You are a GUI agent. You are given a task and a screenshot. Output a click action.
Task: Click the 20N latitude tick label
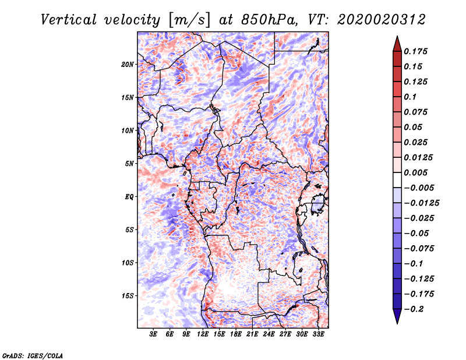pos(128,64)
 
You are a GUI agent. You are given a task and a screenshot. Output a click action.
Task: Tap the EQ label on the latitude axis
pos(129,196)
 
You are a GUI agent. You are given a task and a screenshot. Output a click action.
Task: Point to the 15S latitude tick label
pos(128,295)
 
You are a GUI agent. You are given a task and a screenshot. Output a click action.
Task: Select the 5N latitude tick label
pos(129,163)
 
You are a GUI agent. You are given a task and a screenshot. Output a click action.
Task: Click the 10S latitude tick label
pos(128,263)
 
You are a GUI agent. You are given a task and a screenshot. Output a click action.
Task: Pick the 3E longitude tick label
pos(154,334)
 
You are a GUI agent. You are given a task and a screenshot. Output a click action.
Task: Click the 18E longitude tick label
pos(236,334)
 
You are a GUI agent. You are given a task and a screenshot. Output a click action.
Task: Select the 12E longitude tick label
pos(203,334)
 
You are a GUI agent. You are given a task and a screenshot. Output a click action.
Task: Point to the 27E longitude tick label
pos(285,334)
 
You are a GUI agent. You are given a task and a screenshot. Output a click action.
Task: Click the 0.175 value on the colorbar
pos(416,51)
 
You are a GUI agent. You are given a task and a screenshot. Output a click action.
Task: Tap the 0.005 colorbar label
pos(416,173)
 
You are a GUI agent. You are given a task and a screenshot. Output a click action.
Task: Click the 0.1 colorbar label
pos(410,97)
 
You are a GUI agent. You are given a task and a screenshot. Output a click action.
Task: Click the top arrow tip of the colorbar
pos(397,37)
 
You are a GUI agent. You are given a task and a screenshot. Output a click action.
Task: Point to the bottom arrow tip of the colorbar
pos(397,323)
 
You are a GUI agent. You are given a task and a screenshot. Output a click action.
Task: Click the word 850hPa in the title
pos(265,20)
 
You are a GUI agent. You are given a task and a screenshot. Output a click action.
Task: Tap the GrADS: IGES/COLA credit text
pos(33,354)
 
